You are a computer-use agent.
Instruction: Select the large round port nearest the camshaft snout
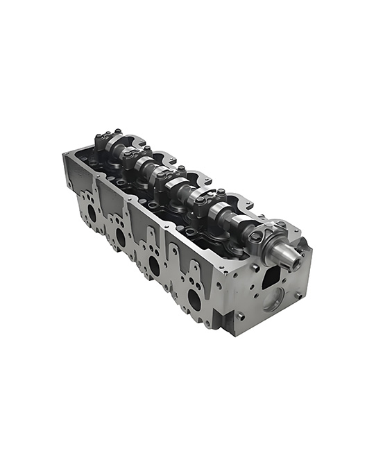(194, 299)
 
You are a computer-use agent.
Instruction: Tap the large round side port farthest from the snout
(91, 213)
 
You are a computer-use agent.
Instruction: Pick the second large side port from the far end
(121, 237)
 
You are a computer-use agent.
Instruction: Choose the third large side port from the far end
(154, 265)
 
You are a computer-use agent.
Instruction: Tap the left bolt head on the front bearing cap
(256, 237)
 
